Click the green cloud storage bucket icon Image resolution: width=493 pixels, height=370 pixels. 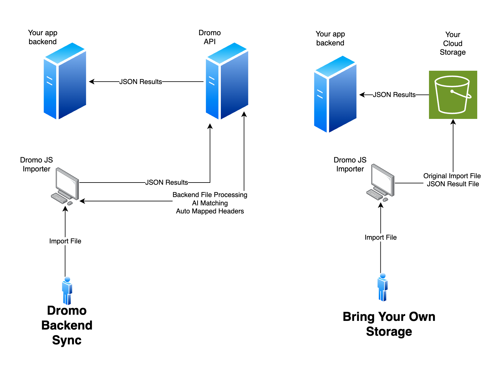tap(453, 95)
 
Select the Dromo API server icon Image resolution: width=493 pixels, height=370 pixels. tap(227, 81)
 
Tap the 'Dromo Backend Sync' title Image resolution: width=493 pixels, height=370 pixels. tap(67, 325)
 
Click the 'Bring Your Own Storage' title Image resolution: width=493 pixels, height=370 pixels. tap(389, 324)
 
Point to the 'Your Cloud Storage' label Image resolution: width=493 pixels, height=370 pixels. tap(452, 44)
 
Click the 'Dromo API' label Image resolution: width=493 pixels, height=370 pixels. tap(210, 37)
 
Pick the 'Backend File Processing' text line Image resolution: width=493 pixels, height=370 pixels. tap(210, 195)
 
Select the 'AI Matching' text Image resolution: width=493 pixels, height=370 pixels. tap(210, 203)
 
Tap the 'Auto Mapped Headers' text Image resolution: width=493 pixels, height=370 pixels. tap(210, 211)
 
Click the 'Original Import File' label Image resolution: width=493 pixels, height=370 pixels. tap(452, 176)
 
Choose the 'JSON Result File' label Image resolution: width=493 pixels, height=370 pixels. tap(453, 184)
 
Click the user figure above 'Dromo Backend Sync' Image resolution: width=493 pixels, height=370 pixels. tap(67, 291)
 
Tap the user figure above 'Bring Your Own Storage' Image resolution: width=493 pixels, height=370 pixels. tap(383, 287)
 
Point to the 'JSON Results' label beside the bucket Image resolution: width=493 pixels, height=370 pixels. tap(394, 95)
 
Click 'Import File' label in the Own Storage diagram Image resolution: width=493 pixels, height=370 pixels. tap(380, 238)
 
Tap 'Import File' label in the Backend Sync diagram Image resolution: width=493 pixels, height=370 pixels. tap(65, 241)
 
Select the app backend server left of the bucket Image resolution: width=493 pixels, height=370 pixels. tap(335, 94)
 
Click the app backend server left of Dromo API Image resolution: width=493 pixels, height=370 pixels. tap(65, 81)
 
